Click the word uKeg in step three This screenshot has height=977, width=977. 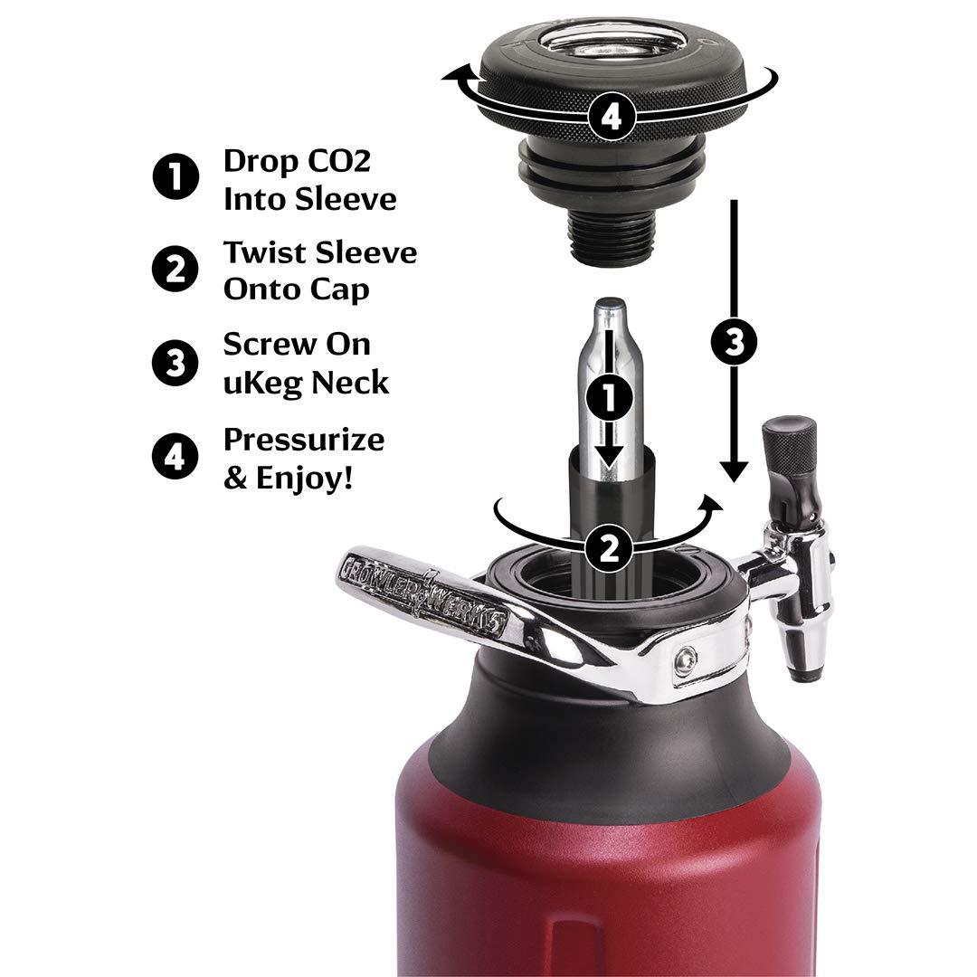(263, 383)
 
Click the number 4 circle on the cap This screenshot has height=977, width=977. (612, 117)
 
